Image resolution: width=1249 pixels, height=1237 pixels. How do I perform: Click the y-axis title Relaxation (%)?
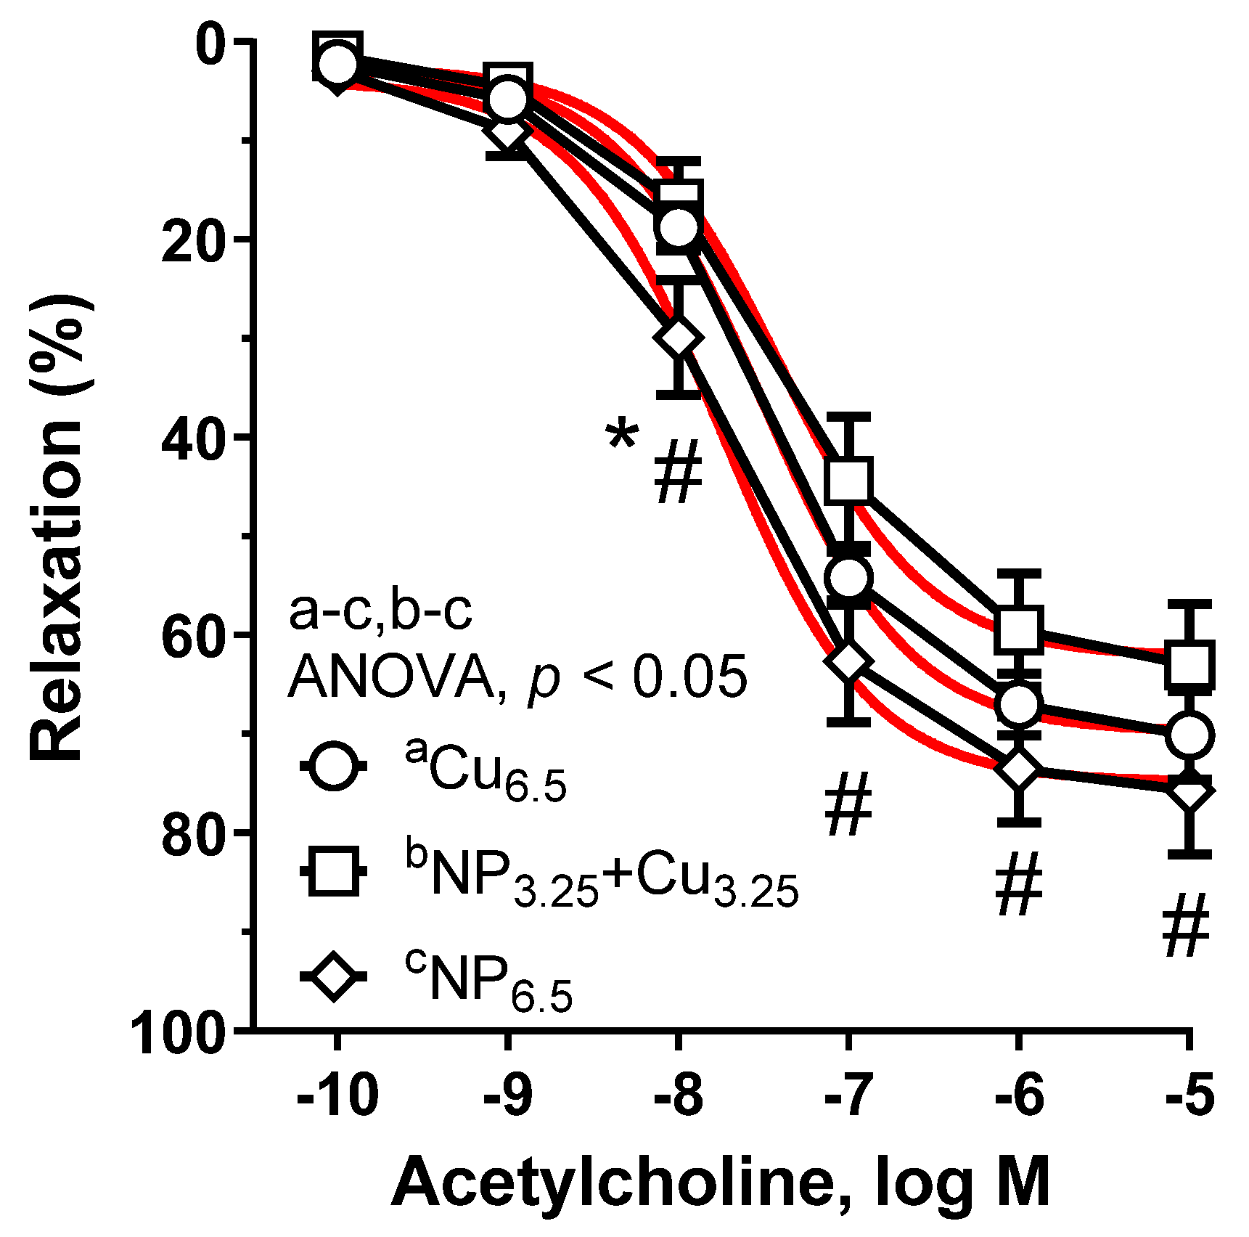tap(58, 526)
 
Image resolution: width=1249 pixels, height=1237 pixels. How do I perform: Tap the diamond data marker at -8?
tap(679, 338)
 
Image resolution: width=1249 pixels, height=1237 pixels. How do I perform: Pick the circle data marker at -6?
tap(1019, 704)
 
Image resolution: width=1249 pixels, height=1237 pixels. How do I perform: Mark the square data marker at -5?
tap(1189, 664)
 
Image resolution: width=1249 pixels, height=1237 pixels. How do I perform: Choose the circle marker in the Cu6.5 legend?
tap(334, 765)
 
